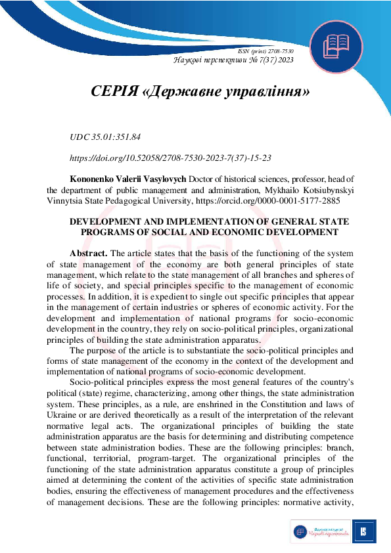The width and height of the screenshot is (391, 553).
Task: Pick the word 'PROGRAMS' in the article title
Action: [x=108, y=232]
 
